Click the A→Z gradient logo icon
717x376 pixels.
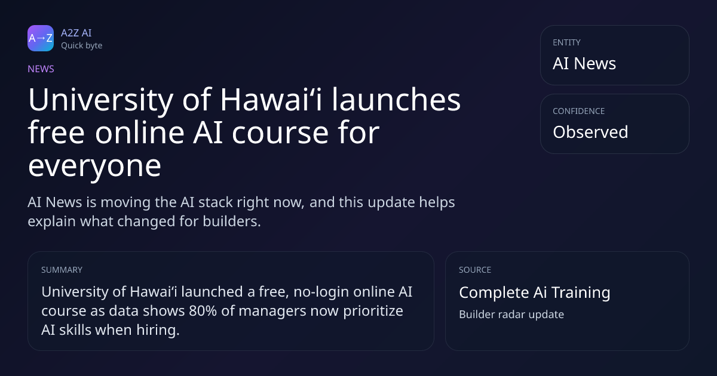point(41,38)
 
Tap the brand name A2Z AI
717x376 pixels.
point(76,33)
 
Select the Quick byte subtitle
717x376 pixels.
point(82,46)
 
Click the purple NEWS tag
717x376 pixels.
point(41,69)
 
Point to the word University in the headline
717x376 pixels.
point(101,100)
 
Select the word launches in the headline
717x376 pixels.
point(396,100)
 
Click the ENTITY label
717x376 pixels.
point(566,42)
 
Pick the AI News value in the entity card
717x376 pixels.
point(584,63)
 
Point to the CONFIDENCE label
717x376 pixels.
point(579,111)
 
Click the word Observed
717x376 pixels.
point(590,132)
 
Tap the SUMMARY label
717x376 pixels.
point(62,270)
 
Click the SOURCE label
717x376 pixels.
point(475,270)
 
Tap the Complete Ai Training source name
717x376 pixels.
point(535,292)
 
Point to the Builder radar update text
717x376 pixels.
point(511,315)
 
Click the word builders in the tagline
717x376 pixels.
point(232,221)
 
